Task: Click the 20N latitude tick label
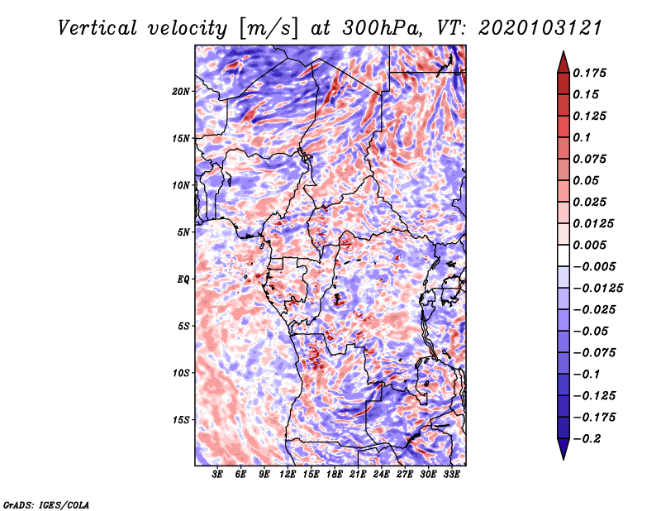pyautogui.click(x=181, y=92)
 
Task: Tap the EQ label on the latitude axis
pyautogui.click(x=183, y=279)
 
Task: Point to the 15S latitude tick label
pyautogui.click(x=181, y=420)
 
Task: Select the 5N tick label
pyautogui.click(x=183, y=232)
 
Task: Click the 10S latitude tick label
pyautogui.click(x=181, y=373)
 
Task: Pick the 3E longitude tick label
pyautogui.click(x=217, y=475)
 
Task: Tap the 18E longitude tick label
pyautogui.click(x=335, y=475)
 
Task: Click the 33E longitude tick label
pyautogui.click(x=451, y=475)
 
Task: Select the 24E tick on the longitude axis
pyautogui.click(x=381, y=475)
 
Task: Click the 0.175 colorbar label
pyautogui.click(x=589, y=73)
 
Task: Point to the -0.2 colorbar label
pyautogui.click(x=587, y=439)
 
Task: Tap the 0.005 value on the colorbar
pyautogui.click(x=589, y=245)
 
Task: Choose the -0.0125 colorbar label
pyautogui.click(x=597, y=289)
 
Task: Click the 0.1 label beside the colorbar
pyautogui.click(x=582, y=137)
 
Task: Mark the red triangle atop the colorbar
pyautogui.click(x=564, y=63)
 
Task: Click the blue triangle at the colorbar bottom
pyautogui.click(x=564, y=449)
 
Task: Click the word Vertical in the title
pyautogui.click(x=97, y=28)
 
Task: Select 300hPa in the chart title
pyautogui.click(x=382, y=28)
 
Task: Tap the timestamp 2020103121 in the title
pyautogui.click(x=540, y=28)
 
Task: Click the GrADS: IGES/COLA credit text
pyautogui.click(x=46, y=505)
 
